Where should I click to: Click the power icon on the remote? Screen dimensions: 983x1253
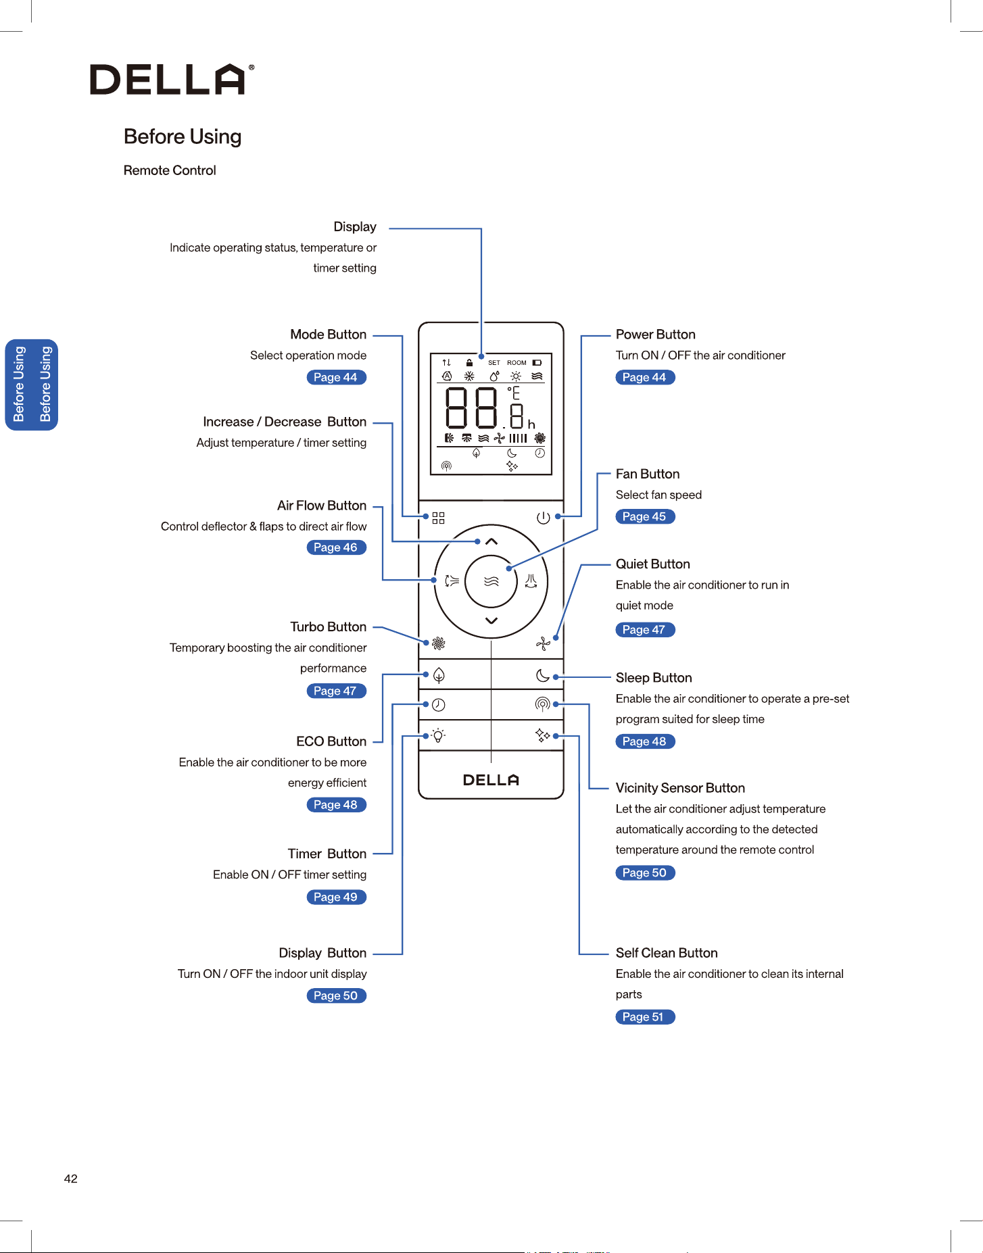[x=543, y=518]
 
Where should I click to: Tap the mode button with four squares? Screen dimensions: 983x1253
[x=439, y=518]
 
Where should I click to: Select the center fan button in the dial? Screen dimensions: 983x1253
[x=491, y=581]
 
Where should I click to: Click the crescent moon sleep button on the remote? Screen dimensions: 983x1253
[x=542, y=675]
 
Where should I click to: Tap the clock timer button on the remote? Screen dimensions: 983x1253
[x=439, y=705]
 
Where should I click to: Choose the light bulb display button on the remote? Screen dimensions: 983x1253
[x=438, y=735]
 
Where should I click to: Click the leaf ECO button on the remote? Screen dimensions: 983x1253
[x=439, y=675]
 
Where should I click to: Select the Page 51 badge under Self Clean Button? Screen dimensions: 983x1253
[x=645, y=1017]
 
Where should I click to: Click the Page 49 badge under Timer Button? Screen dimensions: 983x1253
[x=336, y=897]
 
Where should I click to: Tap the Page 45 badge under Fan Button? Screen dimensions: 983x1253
[x=645, y=516]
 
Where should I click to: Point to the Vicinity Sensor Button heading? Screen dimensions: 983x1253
[x=680, y=788]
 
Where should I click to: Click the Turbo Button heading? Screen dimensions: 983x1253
[x=329, y=626]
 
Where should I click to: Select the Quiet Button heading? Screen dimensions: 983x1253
[x=653, y=564]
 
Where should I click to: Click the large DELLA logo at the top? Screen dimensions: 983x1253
[x=172, y=79]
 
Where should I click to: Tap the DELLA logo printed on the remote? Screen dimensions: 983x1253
[x=491, y=780]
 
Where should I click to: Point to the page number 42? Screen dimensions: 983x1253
[x=71, y=1179]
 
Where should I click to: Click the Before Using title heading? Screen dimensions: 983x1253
[x=183, y=137]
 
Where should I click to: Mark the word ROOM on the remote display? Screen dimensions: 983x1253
[x=517, y=363]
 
